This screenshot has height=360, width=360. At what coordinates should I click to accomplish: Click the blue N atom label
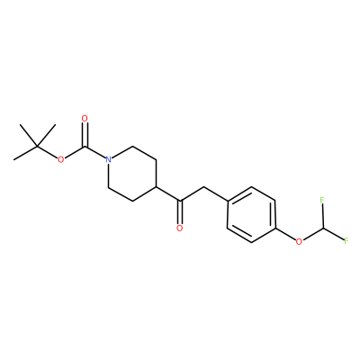(x=109, y=159)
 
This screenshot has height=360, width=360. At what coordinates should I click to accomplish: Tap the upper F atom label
(x=322, y=200)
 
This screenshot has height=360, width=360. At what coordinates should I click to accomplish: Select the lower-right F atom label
(x=346, y=240)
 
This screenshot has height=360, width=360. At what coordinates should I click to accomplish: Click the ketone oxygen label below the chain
(x=180, y=228)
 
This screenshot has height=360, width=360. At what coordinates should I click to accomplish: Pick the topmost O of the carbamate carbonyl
(x=85, y=119)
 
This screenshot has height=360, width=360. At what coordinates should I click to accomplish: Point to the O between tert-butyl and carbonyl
(x=61, y=159)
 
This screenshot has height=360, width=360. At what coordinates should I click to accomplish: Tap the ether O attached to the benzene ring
(x=299, y=241)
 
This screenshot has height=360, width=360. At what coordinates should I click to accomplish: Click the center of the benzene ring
(x=251, y=214)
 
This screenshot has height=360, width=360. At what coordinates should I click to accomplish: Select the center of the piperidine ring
(x=132, y=174)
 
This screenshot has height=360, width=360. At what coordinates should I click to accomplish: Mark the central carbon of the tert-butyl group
(x=37, y=146)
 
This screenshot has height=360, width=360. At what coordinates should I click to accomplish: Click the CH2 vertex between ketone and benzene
(x=203, y=187)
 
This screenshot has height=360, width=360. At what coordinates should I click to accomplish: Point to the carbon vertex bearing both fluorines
(x=322, y=228)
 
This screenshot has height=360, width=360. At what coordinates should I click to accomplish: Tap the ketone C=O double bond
(x=180, y=211)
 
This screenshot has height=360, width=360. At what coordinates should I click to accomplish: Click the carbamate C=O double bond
(x=85, y=135)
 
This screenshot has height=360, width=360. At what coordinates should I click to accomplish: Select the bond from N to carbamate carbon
(x=95, y=152)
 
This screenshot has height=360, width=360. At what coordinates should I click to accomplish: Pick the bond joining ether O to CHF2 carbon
(x=311, y=234)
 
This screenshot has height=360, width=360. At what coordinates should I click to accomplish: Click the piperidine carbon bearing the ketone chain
(x=157, y=187)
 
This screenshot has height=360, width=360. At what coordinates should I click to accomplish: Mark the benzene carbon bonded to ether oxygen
(x=275, y=228)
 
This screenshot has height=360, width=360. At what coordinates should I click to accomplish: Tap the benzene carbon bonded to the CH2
(x=228, y=201)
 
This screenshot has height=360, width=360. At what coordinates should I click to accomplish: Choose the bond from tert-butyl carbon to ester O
(x=48, y=152)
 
